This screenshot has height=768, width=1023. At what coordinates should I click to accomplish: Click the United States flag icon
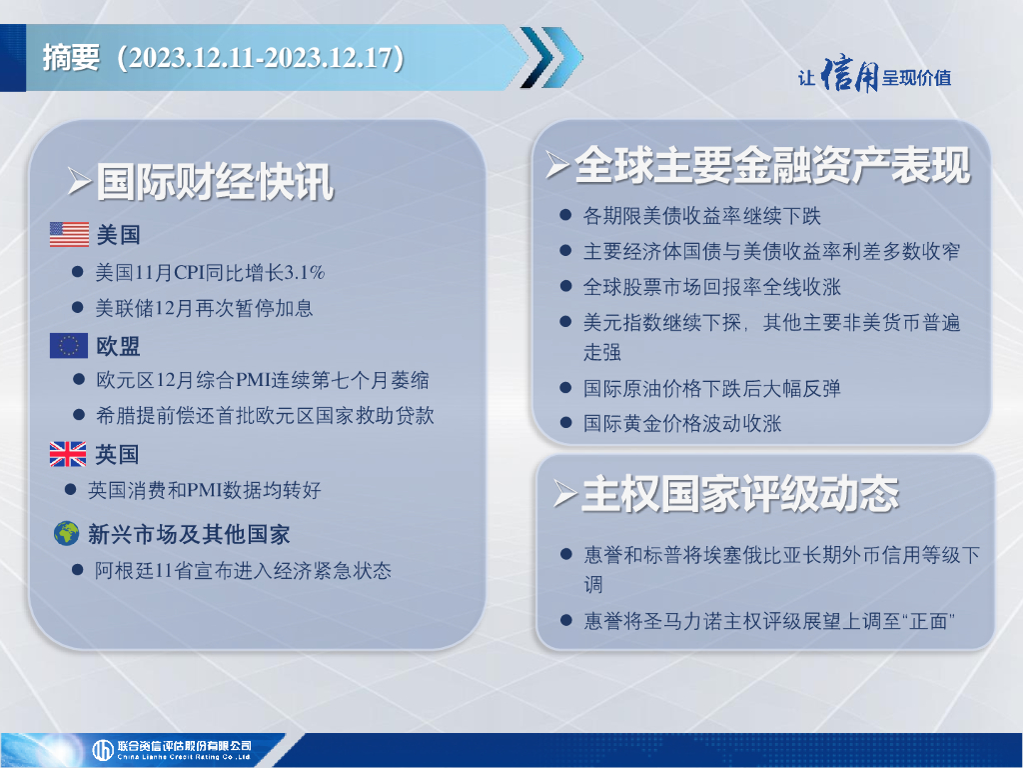[69, 234]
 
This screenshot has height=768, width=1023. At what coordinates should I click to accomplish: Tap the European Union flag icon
[69, 346]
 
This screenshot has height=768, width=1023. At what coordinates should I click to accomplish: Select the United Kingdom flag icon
[68, 454]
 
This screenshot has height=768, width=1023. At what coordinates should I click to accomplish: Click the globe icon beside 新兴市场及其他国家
[67, 534]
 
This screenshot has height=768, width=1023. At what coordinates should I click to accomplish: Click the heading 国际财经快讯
[216, 182]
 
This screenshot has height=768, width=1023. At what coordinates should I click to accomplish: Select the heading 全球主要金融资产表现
[772, 165]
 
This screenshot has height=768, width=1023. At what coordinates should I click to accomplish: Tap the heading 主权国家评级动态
[740, 493]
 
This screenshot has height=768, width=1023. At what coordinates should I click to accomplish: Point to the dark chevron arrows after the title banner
[551, 57]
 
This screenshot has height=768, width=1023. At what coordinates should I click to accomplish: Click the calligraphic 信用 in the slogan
[849, 74]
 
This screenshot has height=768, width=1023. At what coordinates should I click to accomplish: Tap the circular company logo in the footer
[103, 750]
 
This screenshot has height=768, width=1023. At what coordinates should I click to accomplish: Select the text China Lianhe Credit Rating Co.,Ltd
[184, 757]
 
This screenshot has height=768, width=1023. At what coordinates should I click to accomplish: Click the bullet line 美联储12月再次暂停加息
[204, 308]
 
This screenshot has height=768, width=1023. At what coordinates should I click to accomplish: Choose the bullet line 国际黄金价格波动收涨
[681, 423]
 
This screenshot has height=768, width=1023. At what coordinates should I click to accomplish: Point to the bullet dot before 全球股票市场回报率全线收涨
[565, 286]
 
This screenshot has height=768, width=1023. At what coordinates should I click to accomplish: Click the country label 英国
[118, 454]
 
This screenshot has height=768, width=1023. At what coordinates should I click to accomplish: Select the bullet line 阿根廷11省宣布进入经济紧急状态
[243, 571]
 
